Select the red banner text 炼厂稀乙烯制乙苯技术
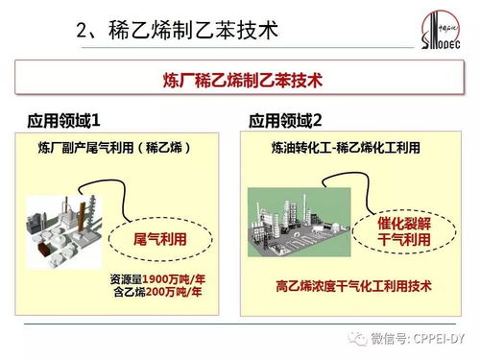[239, 81]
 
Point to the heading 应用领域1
[61, 121]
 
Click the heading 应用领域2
[286, 121]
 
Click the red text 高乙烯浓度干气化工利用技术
[352, 285]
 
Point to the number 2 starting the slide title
[82, 31]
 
